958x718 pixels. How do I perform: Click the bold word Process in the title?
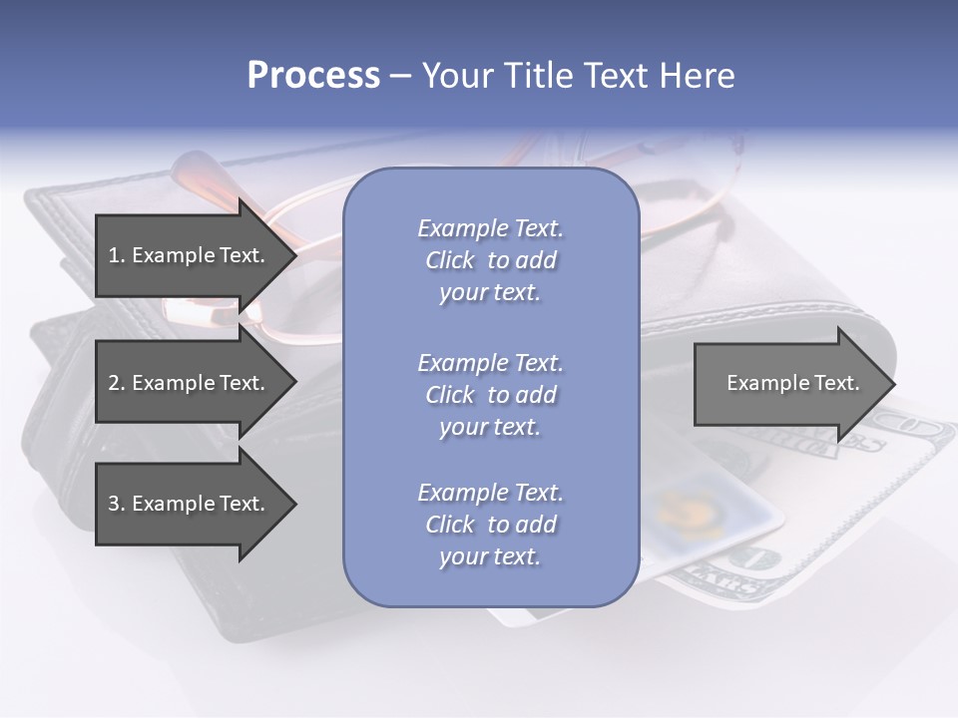pos(313,76)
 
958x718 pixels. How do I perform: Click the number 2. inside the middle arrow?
pos(117,383)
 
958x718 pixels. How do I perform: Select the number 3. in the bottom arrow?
pos(117,504)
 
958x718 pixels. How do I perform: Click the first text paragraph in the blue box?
pos(490,260)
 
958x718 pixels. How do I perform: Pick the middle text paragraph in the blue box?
pos(490,395)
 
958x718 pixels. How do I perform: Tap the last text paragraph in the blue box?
pos(490,525)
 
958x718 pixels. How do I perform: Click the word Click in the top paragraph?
pos(450,260)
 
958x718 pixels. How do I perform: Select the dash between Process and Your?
pos(400,77)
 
